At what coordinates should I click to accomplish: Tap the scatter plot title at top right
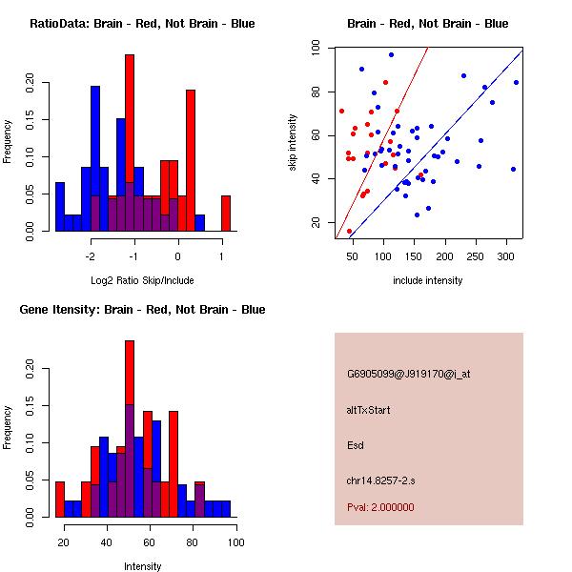coord(427,24)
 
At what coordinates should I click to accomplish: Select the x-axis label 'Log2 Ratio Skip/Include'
coord(142,280)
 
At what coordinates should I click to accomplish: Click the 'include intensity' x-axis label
coord(427,280)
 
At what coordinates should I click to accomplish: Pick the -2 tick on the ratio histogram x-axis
coord(91,256)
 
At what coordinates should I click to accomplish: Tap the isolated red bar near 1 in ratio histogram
coord(226,213)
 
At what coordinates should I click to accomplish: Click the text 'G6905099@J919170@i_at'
coord(409,374)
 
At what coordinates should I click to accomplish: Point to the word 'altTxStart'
coord(369,410)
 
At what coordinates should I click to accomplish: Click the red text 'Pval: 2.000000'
coord(380,508)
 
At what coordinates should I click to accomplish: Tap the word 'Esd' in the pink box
coord(356,445)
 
